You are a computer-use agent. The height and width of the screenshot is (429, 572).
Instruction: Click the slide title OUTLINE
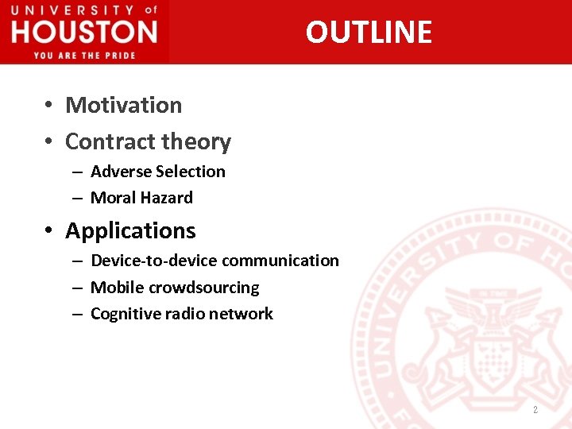(x=369, y=32)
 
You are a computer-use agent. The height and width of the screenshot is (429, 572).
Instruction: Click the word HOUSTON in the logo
(x=84, y=33)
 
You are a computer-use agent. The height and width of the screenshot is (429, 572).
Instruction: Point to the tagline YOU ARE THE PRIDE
(x=84, y=55)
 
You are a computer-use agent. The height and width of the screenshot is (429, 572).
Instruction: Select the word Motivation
(x=123, y=105)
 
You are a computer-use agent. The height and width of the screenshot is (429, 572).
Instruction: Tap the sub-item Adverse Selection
(x=158, y=172)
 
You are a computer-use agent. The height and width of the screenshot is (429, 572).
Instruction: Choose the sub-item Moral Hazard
(x=141, y=198)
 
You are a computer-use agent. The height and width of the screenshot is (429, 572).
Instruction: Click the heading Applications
(x=130, y=230)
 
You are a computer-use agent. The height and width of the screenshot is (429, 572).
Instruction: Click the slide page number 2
(x=535, y=410)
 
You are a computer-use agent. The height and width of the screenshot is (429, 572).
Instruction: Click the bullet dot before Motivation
(x=48, y=106)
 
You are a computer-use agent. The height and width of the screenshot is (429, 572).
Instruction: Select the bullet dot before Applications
(x=48, y=231)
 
